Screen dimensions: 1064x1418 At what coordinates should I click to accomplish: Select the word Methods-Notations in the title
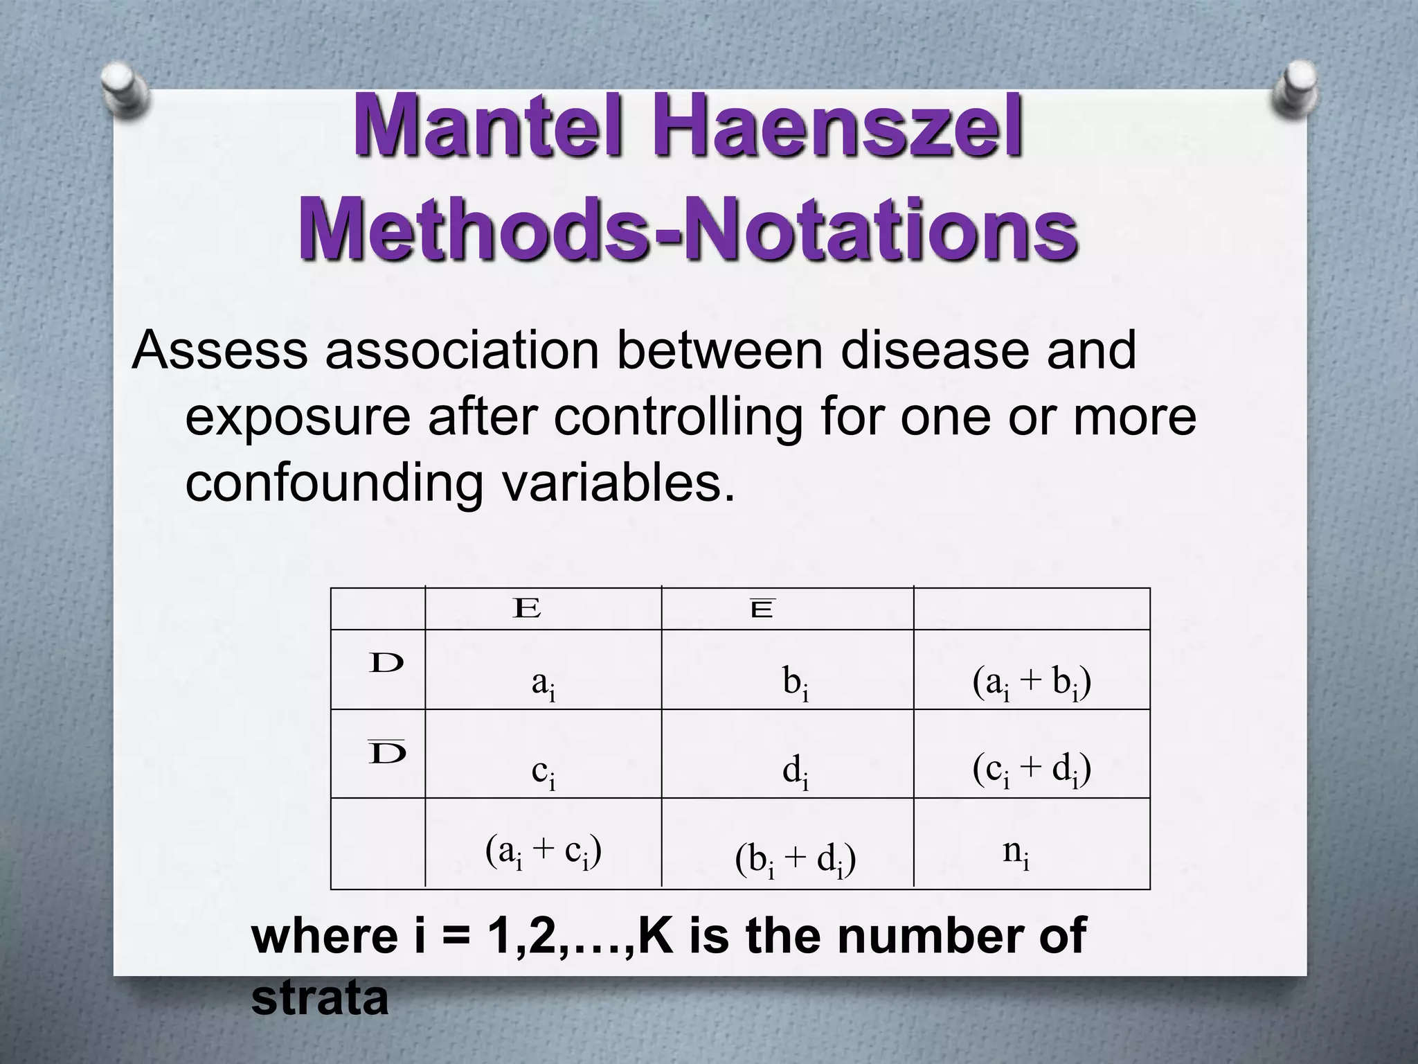click(688, 229)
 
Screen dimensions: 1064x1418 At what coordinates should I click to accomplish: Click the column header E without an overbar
click(527, 610)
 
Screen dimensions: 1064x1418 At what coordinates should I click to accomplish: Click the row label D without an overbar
click(386, 664)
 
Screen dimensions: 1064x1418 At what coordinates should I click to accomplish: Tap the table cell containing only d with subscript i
click(795, 772)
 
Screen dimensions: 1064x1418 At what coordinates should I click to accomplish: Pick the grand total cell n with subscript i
click(1016, 852)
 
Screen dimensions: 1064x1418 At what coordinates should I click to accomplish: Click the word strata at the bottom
click(320, 1000)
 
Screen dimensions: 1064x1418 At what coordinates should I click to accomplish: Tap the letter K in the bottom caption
click(655, 935)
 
